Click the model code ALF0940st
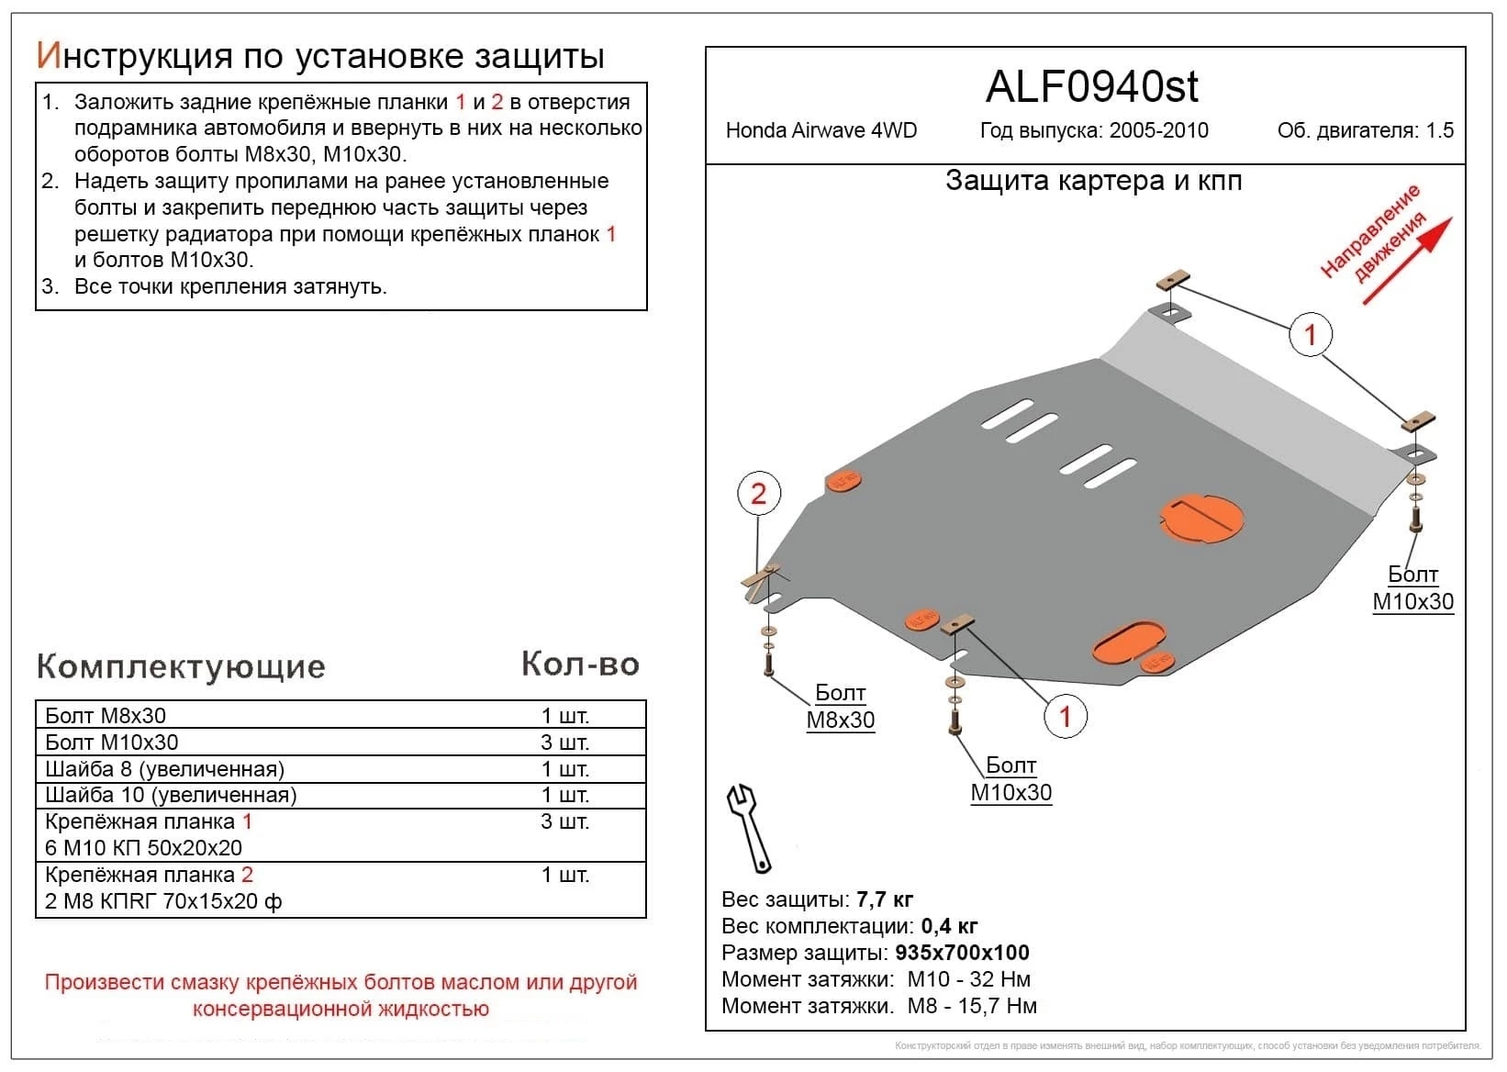[1091, 87]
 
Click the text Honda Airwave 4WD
[820, 130]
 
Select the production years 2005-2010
[1158, 130]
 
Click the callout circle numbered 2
[758, 494]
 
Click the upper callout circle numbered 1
[1310, 335]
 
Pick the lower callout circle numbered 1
[1065, 717]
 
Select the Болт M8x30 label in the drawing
[840, 707]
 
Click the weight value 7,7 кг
[884, 899]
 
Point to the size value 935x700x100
[962, 953]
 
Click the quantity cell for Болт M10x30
[564, 743]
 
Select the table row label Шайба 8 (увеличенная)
[165, 769]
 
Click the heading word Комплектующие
[181, 666]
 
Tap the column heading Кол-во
[580, 664]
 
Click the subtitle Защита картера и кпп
[1093, 181]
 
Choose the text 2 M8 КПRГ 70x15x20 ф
[163, 901]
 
